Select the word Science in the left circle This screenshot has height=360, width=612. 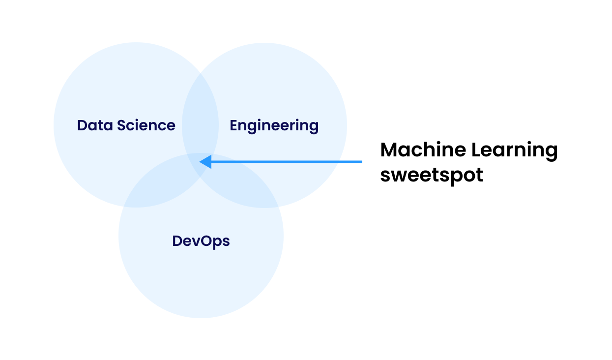[x=146, y=125]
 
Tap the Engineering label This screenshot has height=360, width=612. [x=274, y=126]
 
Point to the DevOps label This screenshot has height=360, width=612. [x=201, y=241]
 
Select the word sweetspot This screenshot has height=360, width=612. [x=432, y=175]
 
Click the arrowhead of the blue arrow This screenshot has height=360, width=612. [x=204, y=161]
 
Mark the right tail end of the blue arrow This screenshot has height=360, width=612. [x=361, y=161]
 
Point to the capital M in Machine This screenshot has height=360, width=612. [x=389, y=150]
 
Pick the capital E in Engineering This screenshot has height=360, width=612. [x=234, y=125]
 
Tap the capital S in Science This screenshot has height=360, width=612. [x=121, y=125]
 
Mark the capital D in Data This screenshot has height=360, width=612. [x=82, y=125]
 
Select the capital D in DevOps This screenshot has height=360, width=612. [x=177, y=241]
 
